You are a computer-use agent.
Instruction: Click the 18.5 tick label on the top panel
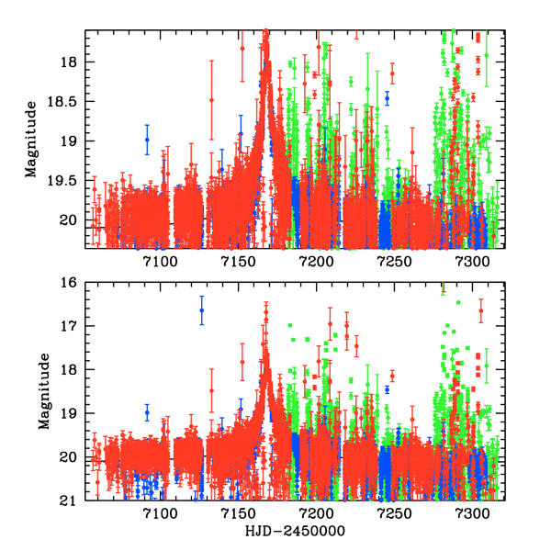pos(67,101)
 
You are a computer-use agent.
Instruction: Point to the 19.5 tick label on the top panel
pos(67,181)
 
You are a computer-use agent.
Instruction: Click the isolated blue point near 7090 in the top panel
pos(147,140)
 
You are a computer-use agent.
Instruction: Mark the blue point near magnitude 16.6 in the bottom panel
pos(202,310)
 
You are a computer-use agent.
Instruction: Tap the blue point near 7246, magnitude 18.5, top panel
pos(388,96)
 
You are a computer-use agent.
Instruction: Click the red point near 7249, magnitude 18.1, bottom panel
pos(392,376)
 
